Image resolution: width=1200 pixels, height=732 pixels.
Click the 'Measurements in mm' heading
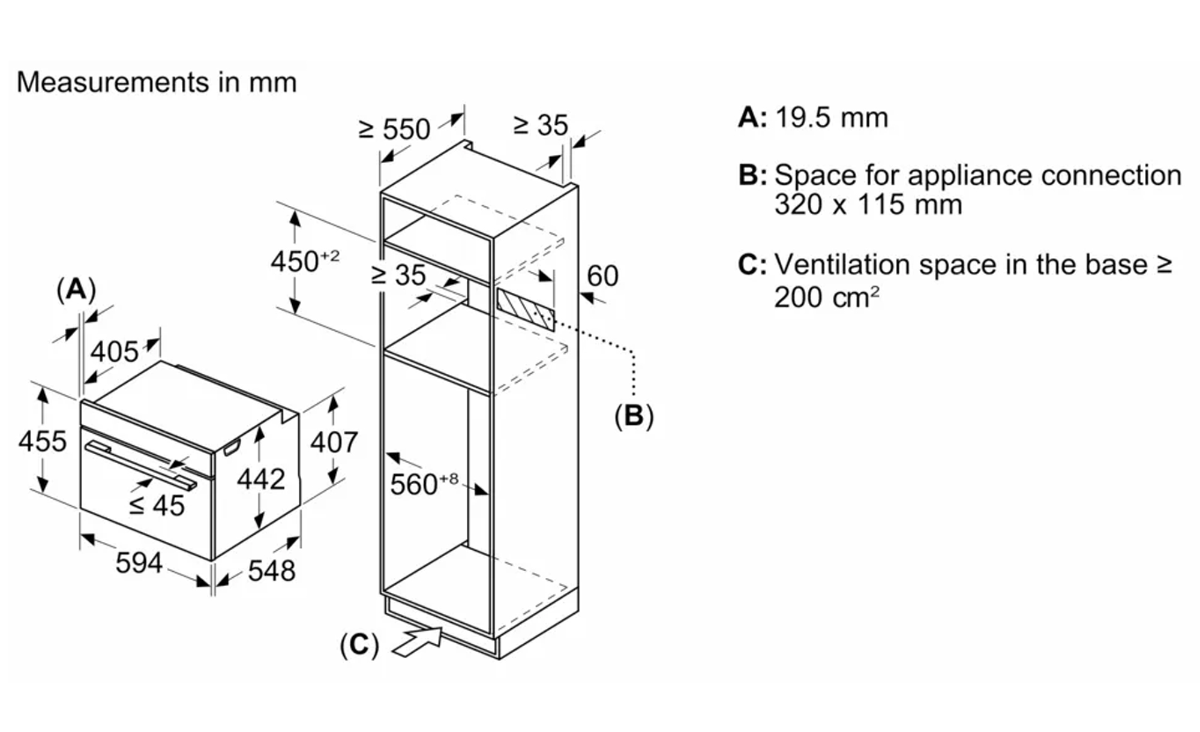157,82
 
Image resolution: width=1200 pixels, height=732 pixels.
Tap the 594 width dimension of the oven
139,563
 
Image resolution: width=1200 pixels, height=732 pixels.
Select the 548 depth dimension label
271,570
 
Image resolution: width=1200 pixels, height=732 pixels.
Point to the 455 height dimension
42,442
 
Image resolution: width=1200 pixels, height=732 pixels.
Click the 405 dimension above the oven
114,352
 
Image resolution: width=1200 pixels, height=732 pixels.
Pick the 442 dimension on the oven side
260,479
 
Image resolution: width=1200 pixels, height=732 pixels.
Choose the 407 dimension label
334,443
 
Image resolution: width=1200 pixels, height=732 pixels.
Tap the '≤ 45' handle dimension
157,506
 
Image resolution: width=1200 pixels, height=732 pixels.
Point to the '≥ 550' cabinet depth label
394,129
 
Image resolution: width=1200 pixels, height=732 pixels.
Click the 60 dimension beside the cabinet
602,276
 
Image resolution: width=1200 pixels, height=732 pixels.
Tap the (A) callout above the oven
76,290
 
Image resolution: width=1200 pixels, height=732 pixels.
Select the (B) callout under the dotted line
634,416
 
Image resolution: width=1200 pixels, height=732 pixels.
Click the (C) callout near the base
359,645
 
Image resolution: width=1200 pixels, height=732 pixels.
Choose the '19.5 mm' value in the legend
831,118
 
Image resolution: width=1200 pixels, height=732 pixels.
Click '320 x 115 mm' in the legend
868,205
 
